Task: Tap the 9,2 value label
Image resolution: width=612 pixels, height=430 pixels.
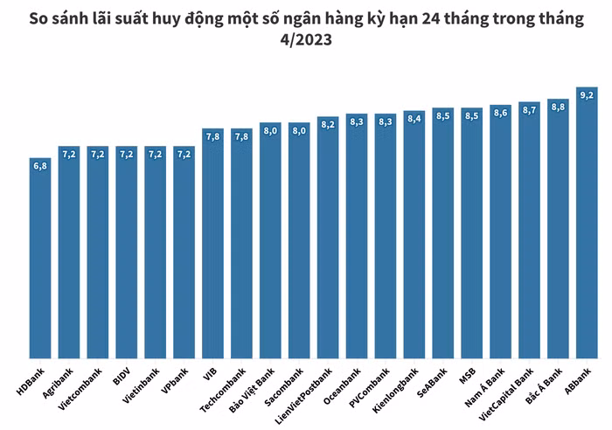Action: click(x=587, y=94)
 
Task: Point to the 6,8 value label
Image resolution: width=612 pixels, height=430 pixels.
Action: click(x=40, y=164)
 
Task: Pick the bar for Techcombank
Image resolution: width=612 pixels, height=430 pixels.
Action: click(x=241, y=245)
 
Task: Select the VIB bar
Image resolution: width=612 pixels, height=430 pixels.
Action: click(x=212, y=245)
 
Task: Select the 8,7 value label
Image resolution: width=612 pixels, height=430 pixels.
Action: click(x=529, y=110)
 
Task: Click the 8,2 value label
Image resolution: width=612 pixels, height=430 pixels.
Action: click(x=328, y=124)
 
